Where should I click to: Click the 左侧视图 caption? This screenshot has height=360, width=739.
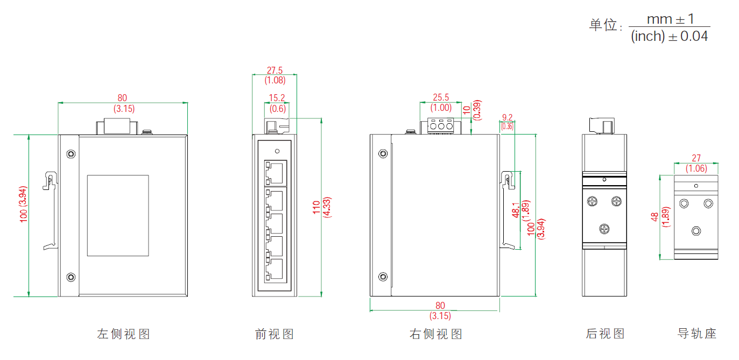[123, 334]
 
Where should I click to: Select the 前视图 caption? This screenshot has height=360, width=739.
[275, 334]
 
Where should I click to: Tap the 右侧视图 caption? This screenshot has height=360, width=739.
[436, 334]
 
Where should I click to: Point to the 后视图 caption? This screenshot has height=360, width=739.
[606, 334]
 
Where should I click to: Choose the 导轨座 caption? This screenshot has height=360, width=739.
[697, 334]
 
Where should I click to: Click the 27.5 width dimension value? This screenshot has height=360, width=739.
[275, 70]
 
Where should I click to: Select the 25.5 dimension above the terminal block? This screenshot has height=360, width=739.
[441, 97]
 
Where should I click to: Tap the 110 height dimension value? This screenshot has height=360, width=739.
[316, 206]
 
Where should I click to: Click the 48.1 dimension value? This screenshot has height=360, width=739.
[516, 210]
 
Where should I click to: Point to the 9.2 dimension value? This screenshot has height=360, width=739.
[507, 117]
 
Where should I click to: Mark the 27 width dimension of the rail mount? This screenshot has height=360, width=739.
[696, 158]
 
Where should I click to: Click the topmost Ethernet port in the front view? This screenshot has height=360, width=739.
[276, 172]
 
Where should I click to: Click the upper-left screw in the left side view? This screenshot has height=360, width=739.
[71, 154]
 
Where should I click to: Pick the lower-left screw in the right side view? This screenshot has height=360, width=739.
[383, 277]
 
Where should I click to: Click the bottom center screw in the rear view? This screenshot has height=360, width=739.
[604, 229]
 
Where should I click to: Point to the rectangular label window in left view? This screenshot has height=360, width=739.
[118, 215]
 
